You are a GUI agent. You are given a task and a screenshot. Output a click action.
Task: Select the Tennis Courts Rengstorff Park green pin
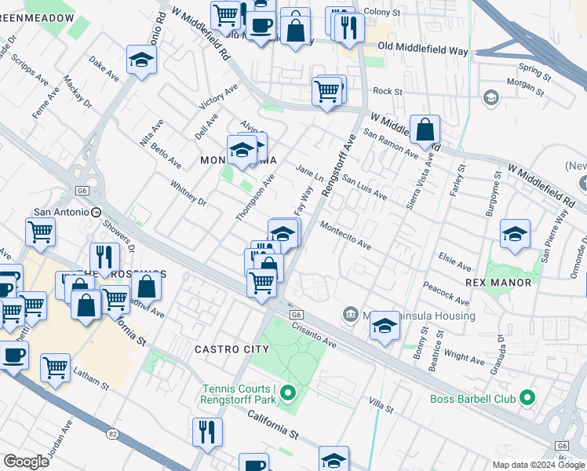point(288,392)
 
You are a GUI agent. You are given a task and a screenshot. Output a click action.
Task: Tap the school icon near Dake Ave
point(141,60)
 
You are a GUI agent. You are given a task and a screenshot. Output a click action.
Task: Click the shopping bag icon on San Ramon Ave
point(425,130)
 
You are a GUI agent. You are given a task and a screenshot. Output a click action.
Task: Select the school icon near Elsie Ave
point(515,234)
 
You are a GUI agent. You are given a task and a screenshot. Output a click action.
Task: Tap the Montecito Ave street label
point(345,235)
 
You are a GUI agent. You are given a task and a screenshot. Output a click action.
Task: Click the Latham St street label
point(93,381)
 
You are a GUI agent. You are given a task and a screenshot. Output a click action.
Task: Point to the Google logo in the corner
point(26,462)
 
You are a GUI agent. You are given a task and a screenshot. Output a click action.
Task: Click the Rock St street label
point(388,92)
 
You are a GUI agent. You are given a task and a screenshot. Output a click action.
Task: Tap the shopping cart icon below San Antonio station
point(41,232)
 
